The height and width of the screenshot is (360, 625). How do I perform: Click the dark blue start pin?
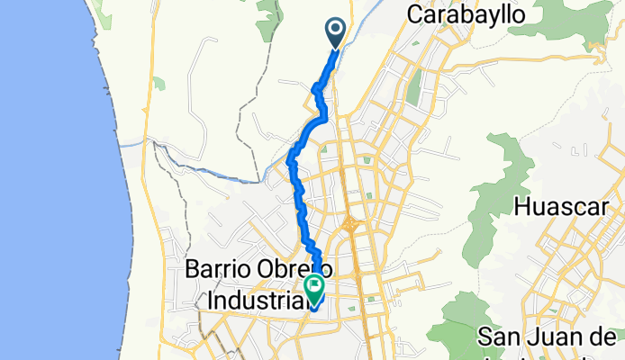(336, 32)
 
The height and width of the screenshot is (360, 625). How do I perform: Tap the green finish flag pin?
(315, 289)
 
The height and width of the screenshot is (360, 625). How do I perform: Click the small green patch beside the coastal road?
(159, 84)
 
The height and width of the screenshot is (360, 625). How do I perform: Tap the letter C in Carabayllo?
(415, 14)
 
